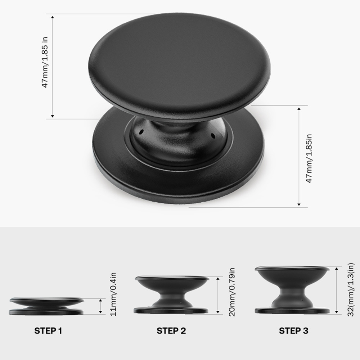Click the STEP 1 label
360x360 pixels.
[48, 330]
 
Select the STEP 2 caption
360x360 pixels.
[171, 330]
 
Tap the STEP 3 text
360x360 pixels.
[293, 330]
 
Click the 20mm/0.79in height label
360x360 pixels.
[232, 292]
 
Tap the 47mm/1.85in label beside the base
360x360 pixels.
[309, 158]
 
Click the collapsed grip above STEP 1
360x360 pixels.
[46, 306]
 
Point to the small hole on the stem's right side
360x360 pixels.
[213, 136]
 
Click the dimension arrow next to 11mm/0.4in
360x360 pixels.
[100, 306]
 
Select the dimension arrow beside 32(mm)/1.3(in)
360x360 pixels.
[336, 290]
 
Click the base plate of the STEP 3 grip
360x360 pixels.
[292, 311]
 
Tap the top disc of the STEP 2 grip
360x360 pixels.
[172, 278]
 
